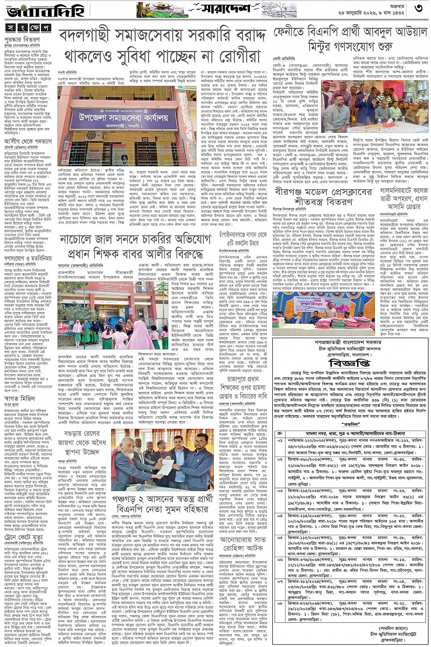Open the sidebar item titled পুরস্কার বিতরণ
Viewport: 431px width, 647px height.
[x=23, y=40]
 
